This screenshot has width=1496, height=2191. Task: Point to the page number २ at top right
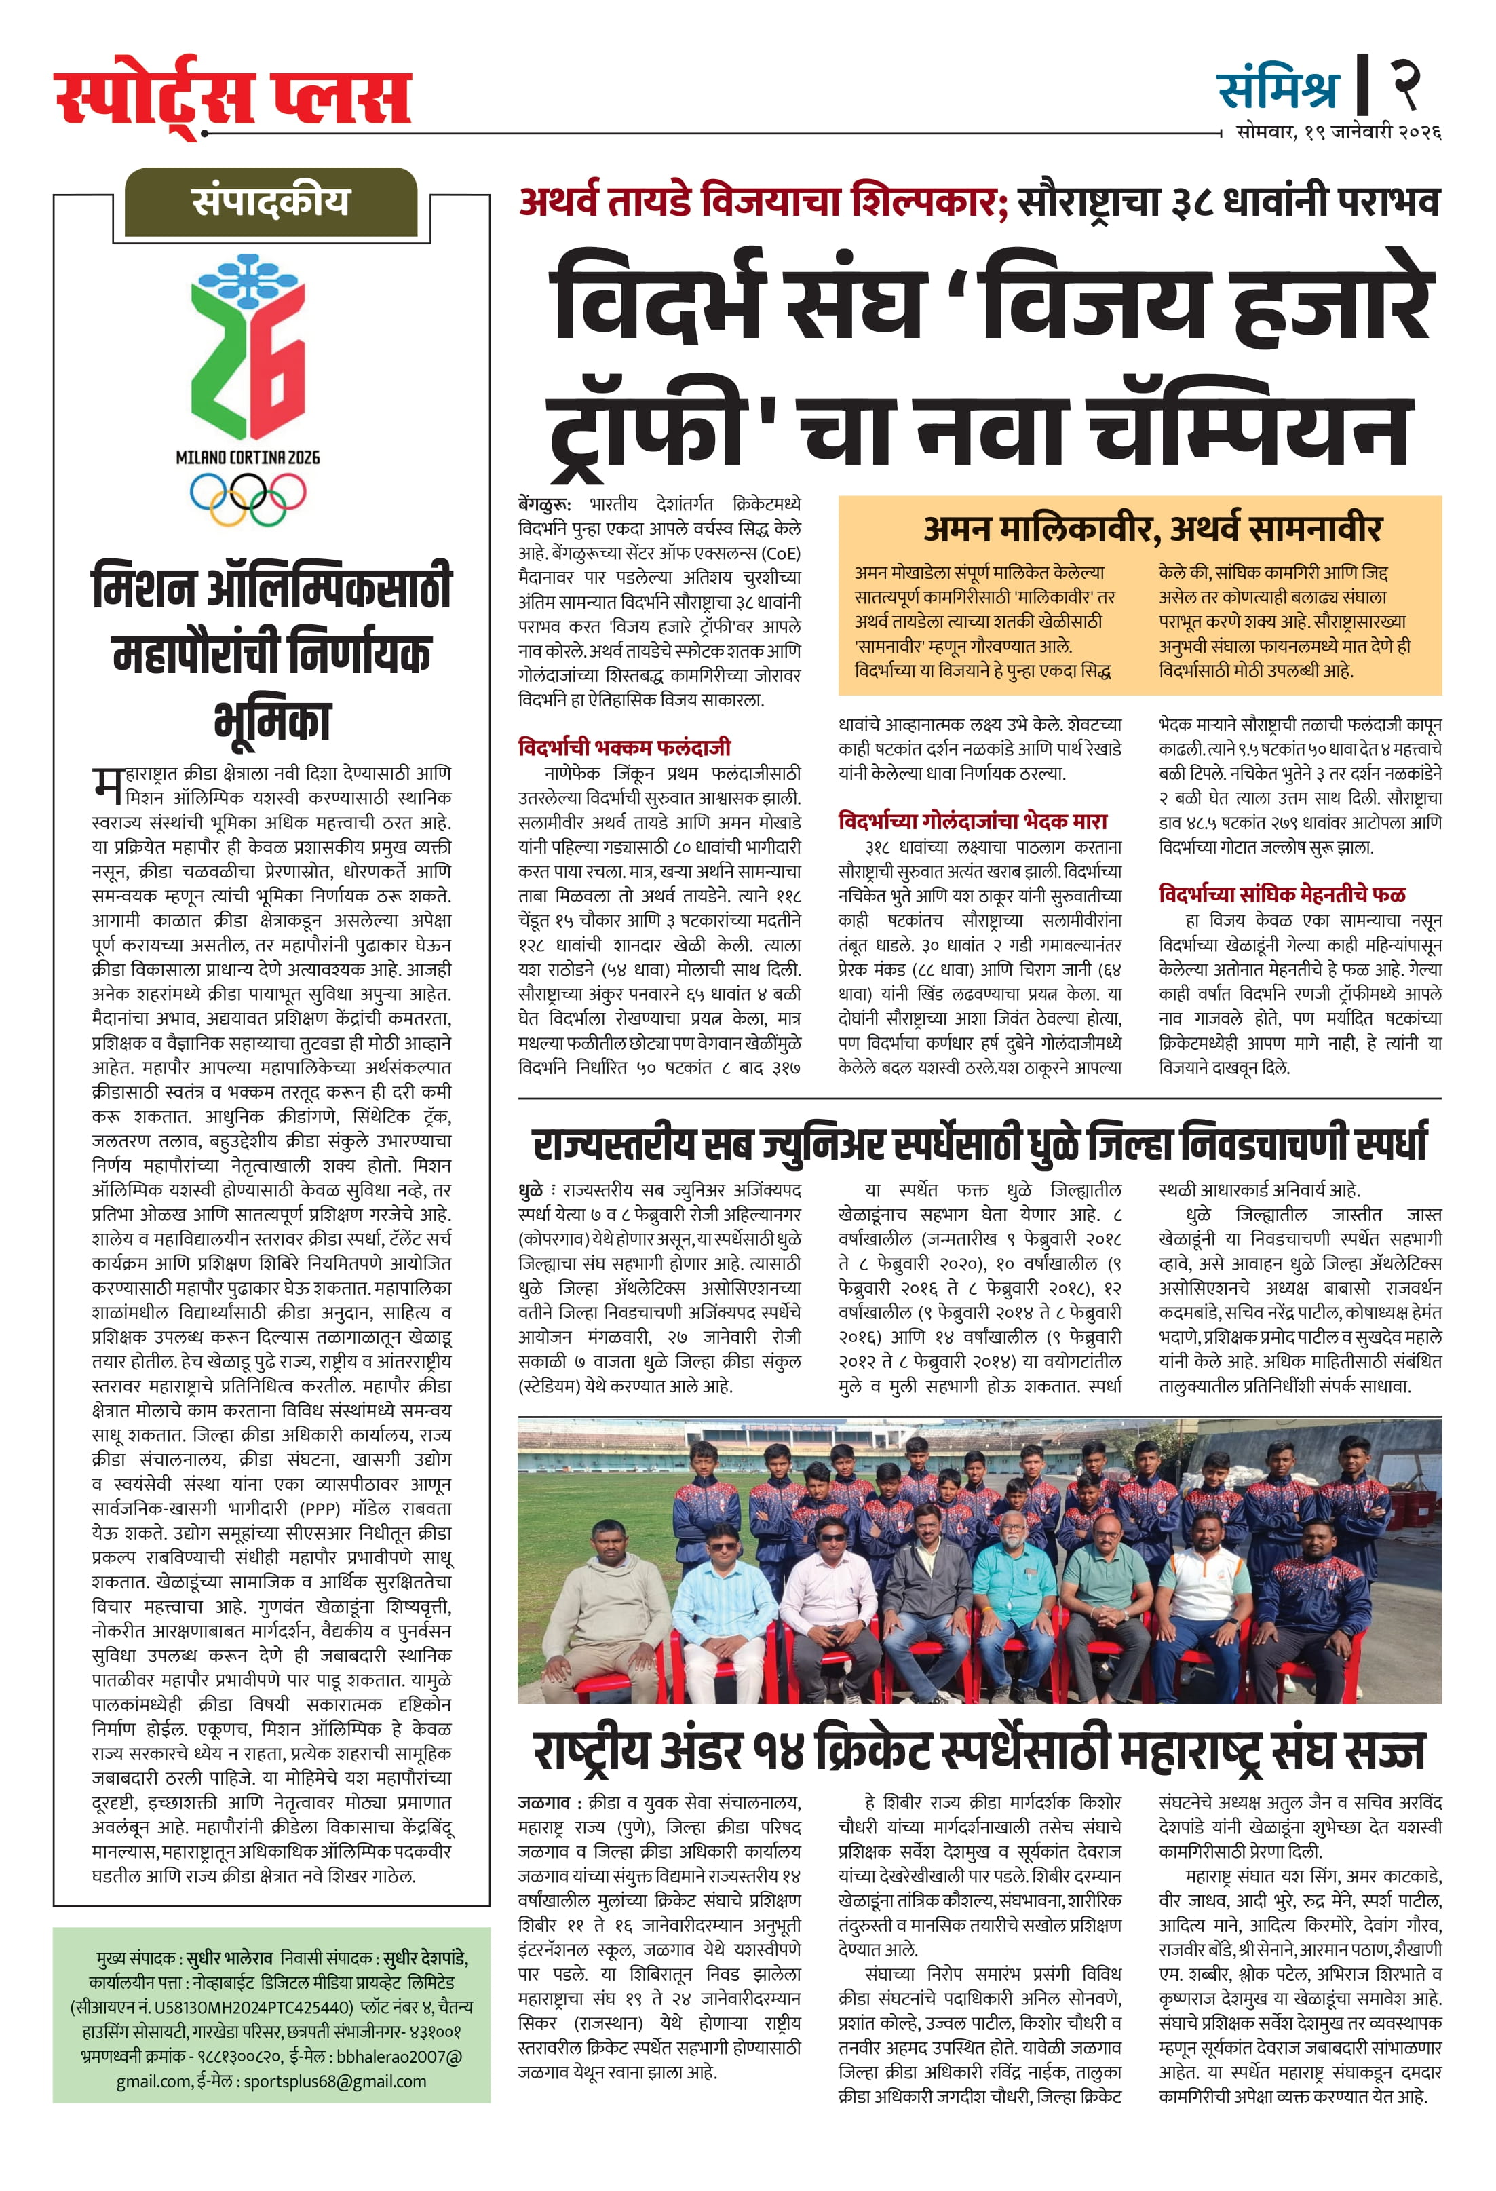(1404, 84)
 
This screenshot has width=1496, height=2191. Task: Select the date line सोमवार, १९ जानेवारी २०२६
(1338, 132)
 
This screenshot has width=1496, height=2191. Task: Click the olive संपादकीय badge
(271, 202)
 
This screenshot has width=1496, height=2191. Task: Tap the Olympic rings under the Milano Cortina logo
(248, 496)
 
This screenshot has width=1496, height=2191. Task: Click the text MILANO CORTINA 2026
(248, 457)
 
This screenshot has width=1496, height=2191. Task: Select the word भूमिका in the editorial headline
(273, 721)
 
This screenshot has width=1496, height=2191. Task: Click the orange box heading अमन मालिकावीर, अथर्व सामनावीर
(1152, 529)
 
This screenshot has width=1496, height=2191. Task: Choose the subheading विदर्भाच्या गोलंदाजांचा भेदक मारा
(972, 821)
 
